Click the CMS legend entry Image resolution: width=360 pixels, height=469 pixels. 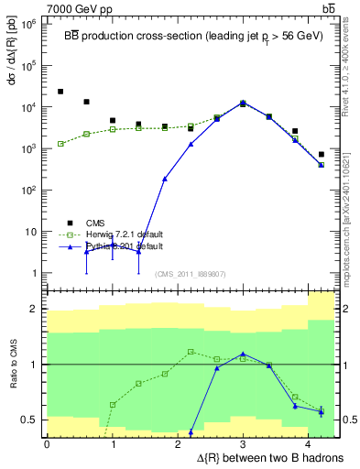(x=95, y=223)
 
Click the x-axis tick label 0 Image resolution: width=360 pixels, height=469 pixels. (x=47, y=444)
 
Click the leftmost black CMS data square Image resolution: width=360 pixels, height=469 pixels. (x=60, y=92)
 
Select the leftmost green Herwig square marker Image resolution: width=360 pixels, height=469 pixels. (x=60, y=144)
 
